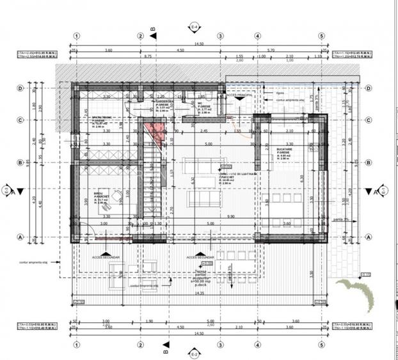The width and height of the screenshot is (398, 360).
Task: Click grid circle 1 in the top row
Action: point(77,36)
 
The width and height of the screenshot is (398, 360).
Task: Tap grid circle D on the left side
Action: point(20,88)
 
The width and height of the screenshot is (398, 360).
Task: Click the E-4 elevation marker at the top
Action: point(195,27)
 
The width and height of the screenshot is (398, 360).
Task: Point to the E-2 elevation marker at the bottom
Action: point(195,352)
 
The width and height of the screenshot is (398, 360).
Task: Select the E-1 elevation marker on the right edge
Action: point(383,191)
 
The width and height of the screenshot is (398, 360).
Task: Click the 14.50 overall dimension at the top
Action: point(199,43)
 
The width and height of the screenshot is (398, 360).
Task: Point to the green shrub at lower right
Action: point(362,293)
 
